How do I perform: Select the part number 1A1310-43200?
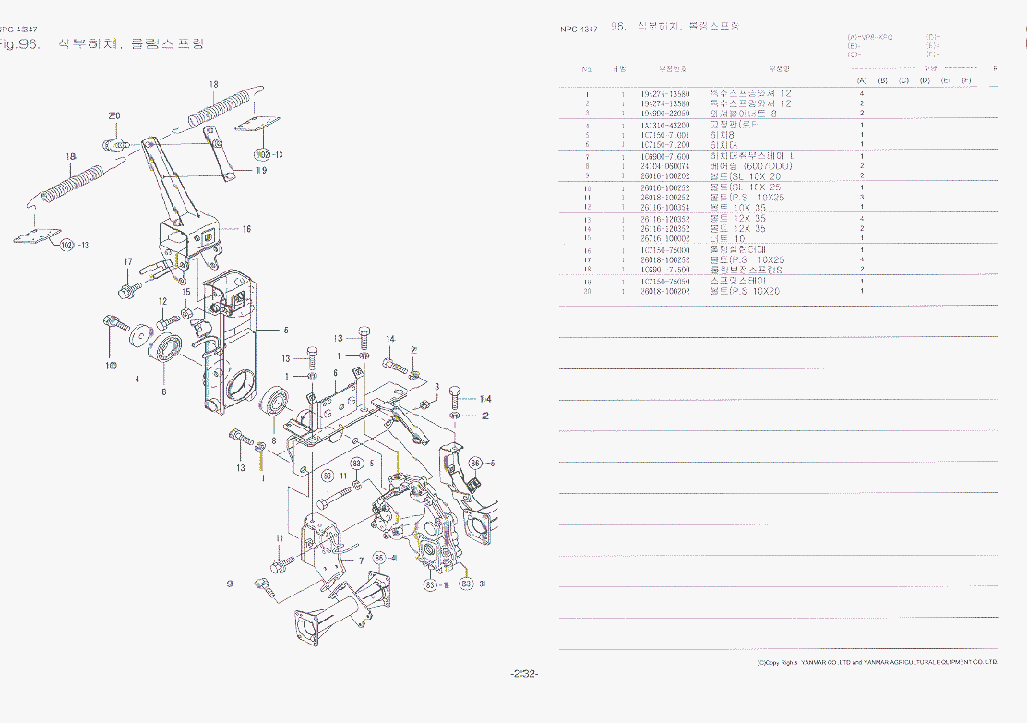coord(664,125)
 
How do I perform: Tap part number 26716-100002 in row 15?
coord(664,238)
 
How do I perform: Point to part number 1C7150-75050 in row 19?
coord(664,281)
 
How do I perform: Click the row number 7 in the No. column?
coord(587,157)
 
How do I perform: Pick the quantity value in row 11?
coord(861,198)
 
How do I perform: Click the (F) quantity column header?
coord(965,81)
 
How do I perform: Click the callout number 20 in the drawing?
coord(114,116)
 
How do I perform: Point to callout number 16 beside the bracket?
coord(246,228)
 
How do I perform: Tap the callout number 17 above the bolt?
coord(128,262)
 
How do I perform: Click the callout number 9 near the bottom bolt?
coord(231,583)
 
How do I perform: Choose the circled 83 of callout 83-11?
coord(328,476)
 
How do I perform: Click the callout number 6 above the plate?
coord(335,372)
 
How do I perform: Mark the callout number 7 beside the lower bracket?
coord(347,560)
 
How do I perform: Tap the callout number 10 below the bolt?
coord(111,366)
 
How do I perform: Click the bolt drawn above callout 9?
coord(263,583)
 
